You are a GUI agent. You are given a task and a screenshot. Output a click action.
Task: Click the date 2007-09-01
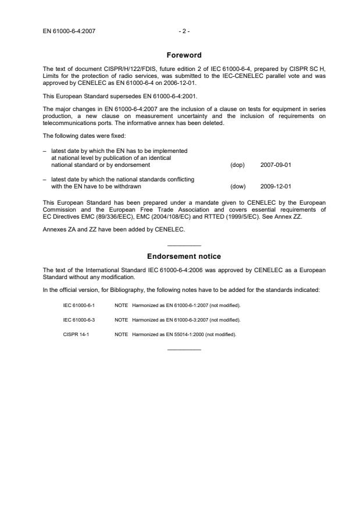click(276, 165)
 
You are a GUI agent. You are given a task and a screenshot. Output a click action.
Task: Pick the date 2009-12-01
click(276, 187)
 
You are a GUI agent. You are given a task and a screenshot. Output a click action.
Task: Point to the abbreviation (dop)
click(237, 165)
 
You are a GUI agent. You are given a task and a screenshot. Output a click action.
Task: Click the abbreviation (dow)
click(238, 187)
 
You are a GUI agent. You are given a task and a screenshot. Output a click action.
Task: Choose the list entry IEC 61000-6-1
click(79, 305)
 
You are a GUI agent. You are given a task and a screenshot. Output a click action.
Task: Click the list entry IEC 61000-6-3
click(79, 319)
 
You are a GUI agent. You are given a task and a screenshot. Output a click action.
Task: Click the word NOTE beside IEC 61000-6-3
click(121, 319)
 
